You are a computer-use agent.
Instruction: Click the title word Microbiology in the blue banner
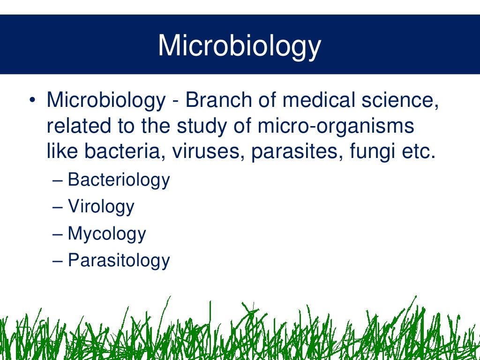pos(240,46)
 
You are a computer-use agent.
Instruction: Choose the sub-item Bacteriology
pos(119,180)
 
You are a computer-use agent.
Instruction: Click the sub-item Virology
pos(101,207)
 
